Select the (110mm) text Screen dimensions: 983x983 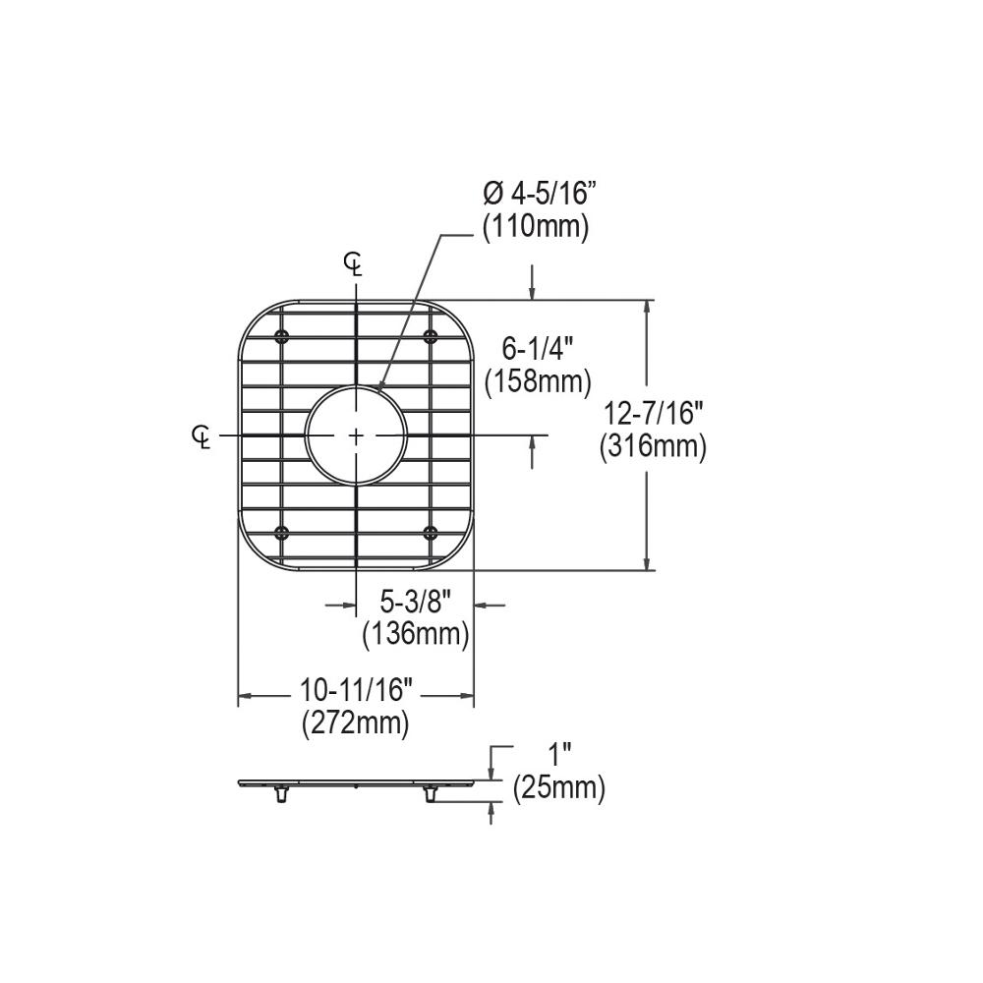[x=535, y=227]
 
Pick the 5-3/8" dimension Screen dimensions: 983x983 [x=414, y=602]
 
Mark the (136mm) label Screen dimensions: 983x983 [x=414, y=635]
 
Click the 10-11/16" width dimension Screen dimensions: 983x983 [x=354, y=692]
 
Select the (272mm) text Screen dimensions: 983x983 [x=354, y=725]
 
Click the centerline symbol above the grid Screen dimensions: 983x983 [x=355, y=262]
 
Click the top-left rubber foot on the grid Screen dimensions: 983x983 [x=282, y=337]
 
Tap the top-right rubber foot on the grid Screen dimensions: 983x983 [x=430, y=337]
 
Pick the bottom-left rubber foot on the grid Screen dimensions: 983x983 [x=282, y=533]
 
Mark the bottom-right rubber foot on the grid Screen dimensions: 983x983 [x=430, y=533]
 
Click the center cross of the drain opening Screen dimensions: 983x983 [x=356, y=434]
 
